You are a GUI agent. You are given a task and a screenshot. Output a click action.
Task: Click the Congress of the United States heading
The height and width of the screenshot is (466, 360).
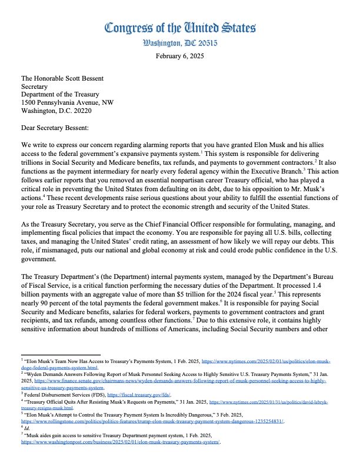pyautogui.click(x=179, y=28)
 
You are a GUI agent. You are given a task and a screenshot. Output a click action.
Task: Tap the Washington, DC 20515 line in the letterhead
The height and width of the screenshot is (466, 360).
pyautogui.click(x=179, y=43)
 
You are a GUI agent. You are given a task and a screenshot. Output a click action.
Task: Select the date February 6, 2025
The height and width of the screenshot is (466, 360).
pyautogui.click(x=179, y=56)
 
